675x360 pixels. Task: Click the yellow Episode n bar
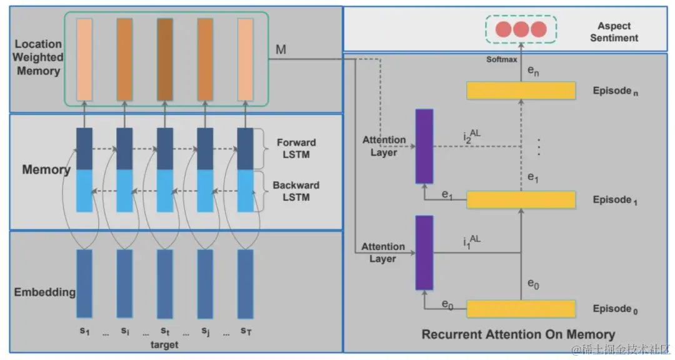521,91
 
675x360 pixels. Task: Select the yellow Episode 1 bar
521,200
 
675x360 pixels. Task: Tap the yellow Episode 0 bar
521,309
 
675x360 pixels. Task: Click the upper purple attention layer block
424,146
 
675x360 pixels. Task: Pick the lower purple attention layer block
424,252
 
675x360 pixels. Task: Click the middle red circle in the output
521,29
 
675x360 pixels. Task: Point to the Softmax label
502,59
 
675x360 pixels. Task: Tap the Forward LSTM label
296,148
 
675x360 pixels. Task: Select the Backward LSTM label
296,191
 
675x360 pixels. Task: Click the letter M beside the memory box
281,49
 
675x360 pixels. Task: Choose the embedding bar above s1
84,283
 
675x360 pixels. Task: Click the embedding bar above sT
246,283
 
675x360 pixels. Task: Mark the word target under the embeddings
164,344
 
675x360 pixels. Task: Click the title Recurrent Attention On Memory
518,334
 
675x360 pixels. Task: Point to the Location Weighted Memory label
39,57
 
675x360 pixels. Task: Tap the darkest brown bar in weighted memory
165,59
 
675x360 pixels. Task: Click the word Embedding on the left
45,292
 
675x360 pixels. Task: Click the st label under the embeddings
165,331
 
